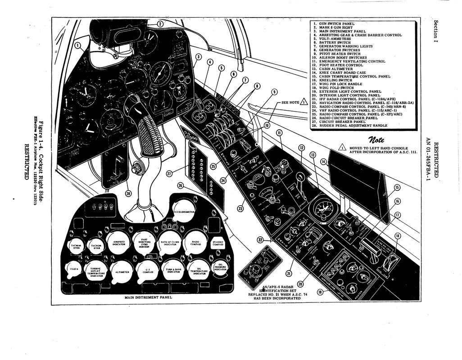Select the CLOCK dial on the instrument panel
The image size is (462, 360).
[x=74, y=269]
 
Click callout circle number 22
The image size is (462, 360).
[x=260, y=240]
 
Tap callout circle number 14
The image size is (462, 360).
[x=323, y=162]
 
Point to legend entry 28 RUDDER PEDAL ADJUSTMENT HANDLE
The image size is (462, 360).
[x=353, y=126]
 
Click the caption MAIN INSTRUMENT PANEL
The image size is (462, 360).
[x=148, y=297]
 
